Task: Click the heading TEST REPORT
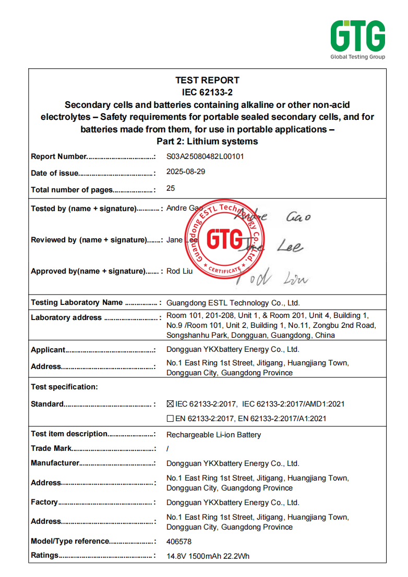[207, 80]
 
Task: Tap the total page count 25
[171, 189]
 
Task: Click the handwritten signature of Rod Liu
[271, 278]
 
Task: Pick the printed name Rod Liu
[179, 271]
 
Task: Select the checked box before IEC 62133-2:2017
[170, 404]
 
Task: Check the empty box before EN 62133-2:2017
[170, 419]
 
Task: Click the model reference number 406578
[179, 542]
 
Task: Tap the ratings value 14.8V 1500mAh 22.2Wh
[208, 556]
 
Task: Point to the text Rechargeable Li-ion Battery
[213, 435]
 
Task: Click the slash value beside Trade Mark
[167, 448]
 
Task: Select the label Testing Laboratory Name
[77, 302]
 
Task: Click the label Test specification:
[64, 387]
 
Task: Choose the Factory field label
[44, 502]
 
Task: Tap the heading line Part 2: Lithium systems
[207, 141]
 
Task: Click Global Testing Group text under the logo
[357, 57]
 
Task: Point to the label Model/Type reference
[70, 541]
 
